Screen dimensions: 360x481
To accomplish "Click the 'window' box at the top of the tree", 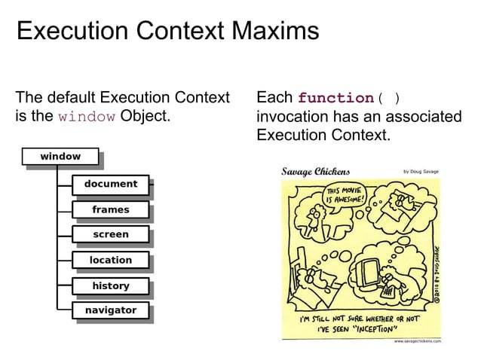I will click(60, 157).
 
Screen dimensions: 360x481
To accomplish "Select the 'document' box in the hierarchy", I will click(110, 184).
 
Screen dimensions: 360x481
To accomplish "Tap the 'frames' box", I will click(110, 209).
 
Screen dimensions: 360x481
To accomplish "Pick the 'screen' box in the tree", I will click(110, 234).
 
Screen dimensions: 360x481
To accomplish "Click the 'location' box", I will click(110, 260).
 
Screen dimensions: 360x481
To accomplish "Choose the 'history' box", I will click(110, 285).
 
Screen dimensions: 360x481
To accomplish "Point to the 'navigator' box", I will click(110, 310).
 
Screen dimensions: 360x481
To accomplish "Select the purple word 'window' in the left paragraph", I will click(87, 117).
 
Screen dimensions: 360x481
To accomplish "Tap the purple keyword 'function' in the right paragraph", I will click(336, 99).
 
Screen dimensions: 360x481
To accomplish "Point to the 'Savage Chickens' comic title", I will click(315, 171).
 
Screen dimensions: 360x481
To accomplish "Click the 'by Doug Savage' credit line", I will click(421, 172).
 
